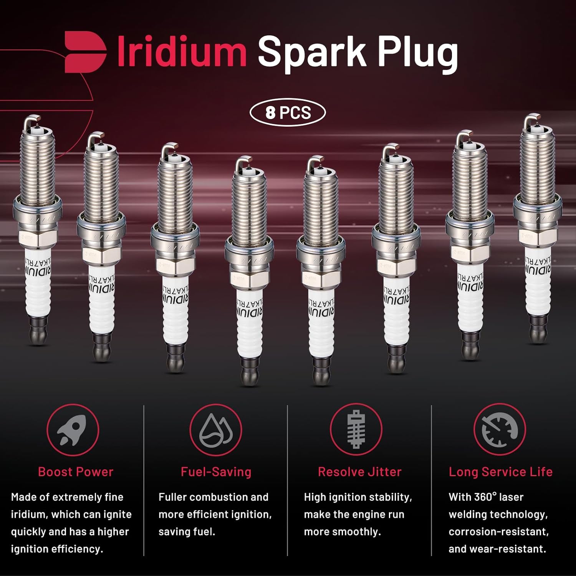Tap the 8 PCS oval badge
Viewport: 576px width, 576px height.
(x=288, y=113)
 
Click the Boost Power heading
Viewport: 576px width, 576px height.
(x=76, y=472)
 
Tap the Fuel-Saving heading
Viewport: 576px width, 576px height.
(x=216, y=472)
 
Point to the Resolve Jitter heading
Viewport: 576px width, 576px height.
(x=359, y=472)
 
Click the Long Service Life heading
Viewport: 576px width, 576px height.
(x=500, y=472)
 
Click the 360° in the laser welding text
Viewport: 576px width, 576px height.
(x=485, y=497)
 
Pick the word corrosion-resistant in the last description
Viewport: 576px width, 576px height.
(x=498, y=532)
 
